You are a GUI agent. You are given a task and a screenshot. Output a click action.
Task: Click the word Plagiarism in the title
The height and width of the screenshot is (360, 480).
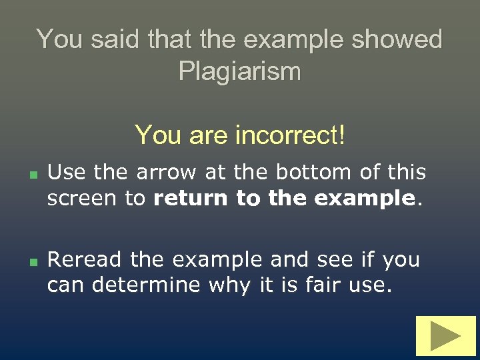click(240, 71)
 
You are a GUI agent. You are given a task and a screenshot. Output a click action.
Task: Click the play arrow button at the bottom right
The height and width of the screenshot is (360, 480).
click(446, 336)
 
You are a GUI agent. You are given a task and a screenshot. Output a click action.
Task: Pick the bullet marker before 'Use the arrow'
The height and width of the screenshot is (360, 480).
click(32, 174)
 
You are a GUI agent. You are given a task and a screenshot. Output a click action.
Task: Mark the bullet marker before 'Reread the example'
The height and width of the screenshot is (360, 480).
click(32, 261)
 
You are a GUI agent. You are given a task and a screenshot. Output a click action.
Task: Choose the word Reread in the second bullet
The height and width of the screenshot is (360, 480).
click(86, 259)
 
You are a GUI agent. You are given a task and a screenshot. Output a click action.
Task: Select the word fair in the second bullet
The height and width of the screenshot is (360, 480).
click(323, 285)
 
